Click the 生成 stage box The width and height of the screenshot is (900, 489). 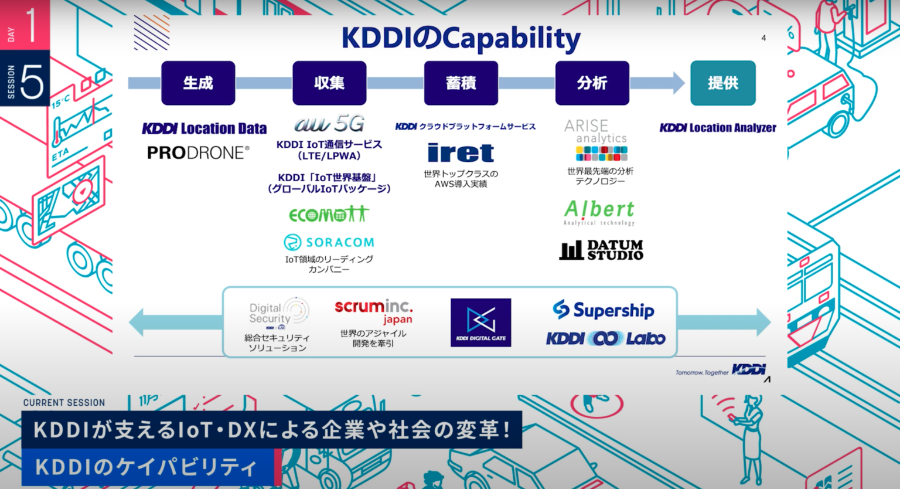pyautogui.click(x=198, y=83)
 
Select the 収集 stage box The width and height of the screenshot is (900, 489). pyautogui.click(x=329, y=83)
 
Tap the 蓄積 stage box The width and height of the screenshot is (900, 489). pyautogui.click(x=461, y=83)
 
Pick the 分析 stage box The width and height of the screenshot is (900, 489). pyautogui.click(x=592, y=83)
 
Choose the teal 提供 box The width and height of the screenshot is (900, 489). pyautogui.click(x=722, y=83)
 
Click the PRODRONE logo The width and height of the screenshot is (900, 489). pyautogui.click(x=198, y=153)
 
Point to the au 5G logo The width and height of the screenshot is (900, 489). pyautogui.click(x=329, y=124)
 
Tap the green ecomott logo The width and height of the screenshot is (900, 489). pyautogui.click(x=329, y=215)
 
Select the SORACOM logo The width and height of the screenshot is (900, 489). pyautogui.click(x=329, y=242)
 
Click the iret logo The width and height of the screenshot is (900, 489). pyautogui.click(x=461, y=153)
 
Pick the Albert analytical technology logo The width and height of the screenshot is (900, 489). pyautogui.click(x=599, y=212)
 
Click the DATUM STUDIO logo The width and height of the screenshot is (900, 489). pyautogui.click(x=601, y=250)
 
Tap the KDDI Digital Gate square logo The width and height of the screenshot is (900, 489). pyautogui.click(x=480, y=322)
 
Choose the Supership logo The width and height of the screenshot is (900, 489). pyautogui.click(x=604, y=310)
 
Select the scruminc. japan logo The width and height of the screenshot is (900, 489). pyautogui.click(x=374, y=311)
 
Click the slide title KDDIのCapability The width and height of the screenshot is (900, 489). pyautogui.click(x=461, y=39)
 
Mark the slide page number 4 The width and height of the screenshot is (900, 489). pyautogui.click(x=763, y=38)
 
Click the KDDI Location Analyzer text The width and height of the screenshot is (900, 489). pyautogui.click(x=718, y=128)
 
